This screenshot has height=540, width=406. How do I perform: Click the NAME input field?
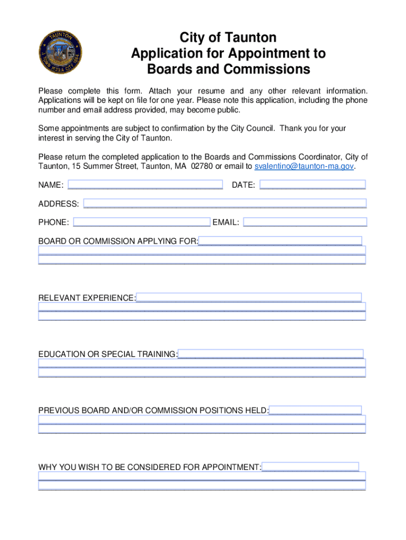[x=145, y=185]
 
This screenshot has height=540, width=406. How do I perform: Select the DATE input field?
[x=313, y=185]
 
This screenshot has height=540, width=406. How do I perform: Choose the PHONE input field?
[x=142, y=223]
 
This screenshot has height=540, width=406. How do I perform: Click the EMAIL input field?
[x=305, y=223]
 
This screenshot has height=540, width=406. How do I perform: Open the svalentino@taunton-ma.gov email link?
[x=304, y=167]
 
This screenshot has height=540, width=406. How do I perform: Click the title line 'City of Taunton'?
[x=228, y=38]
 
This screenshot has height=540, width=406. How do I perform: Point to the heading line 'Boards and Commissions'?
[x=228, y=70]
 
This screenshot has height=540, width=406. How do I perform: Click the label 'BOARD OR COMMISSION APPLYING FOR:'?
[x=118, y=242]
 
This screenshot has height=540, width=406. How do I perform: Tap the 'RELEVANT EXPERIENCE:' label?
[x=87, y=298]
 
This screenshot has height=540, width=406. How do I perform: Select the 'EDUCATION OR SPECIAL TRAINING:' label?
[x=108, y=354]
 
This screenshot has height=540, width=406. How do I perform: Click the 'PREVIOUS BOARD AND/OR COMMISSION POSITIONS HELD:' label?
[x=153, y=411]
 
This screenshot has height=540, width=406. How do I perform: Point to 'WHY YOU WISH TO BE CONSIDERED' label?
[x=150, y=467]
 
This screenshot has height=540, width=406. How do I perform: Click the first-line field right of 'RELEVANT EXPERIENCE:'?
[x=248, y=297]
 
